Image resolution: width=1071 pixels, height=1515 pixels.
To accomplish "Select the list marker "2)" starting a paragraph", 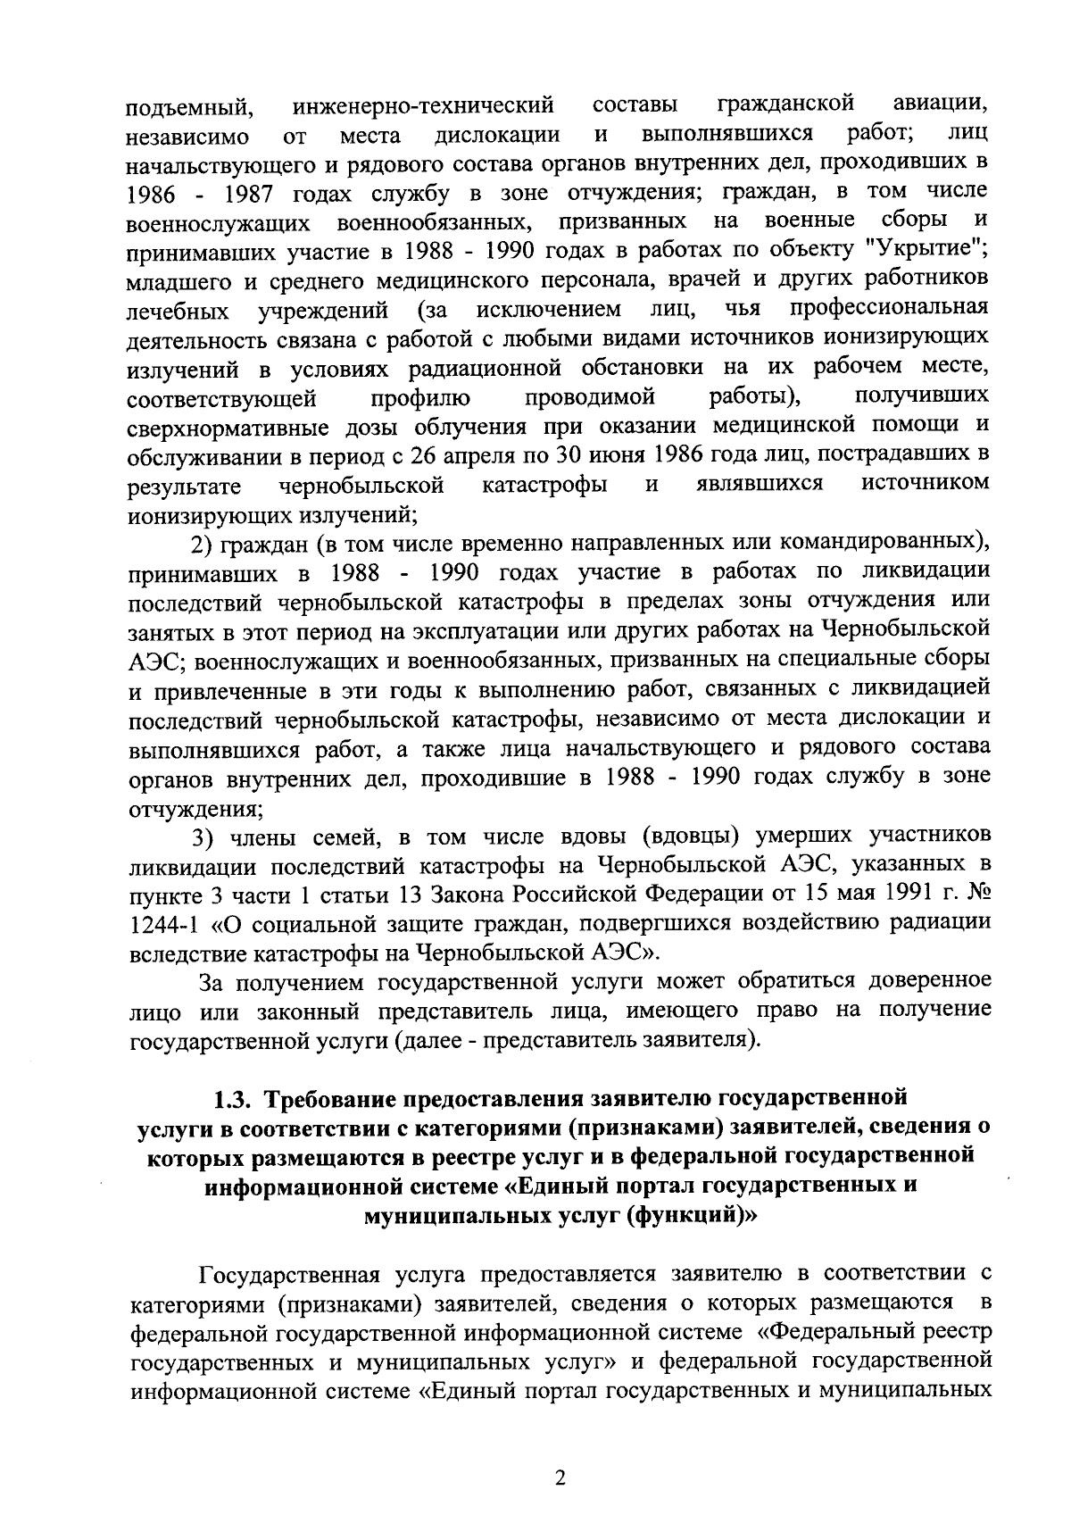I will click(x=204, y=544).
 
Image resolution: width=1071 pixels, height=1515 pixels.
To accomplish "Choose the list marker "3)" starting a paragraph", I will click(x=205, y=837).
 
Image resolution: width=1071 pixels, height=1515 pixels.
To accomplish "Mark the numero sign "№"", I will click(x=977, y=894).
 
